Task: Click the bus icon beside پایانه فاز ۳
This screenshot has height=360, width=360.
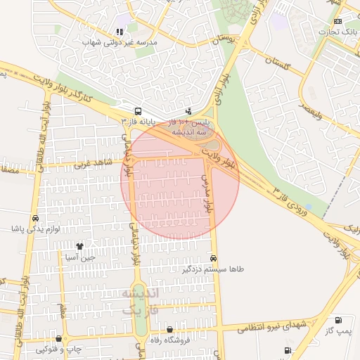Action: [137, 111]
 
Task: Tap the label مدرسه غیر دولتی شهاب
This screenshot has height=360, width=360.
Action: [120, 42]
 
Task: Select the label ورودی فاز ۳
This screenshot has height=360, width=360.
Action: [291, 200]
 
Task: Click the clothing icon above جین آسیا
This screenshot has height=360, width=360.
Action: [79, 247]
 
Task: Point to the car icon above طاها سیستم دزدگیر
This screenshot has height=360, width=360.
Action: [213, 258]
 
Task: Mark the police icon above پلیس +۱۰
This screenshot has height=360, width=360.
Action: [188, 111]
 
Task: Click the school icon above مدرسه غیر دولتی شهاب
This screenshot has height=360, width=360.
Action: [120, 32]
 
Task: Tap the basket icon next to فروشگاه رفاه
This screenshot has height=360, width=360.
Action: [169, 330]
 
